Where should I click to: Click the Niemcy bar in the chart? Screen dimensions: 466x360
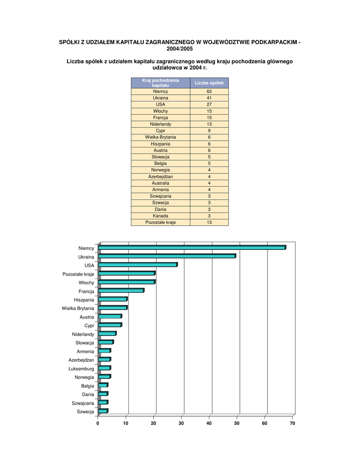(x=191, y=248)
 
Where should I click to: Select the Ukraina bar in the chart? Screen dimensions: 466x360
(x=167, y=256)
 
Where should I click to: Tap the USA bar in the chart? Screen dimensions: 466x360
(x=137, y=264)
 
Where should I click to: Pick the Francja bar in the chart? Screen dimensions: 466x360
(x=121, y=290)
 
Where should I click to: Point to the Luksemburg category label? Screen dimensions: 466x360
(x=81, y=369)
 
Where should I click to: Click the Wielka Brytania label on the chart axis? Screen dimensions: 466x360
(x=78, y=309)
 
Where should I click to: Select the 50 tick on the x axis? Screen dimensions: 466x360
(x=237, y=423)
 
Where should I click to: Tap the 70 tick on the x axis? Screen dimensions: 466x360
(x=292, y=423)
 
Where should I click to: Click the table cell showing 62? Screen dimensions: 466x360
(x=209, y=91)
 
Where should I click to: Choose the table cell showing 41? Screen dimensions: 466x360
(x=209, y=98)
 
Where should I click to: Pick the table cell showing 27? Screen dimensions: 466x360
(x=209, y=104)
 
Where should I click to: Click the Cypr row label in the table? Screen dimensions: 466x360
(x=160, y=131)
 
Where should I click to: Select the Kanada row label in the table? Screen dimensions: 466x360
(x=160, y=216)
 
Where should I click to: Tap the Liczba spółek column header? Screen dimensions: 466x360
(x=209, y=83)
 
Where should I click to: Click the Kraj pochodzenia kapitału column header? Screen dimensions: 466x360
(x=160, y=83)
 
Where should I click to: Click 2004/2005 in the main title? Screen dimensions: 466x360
(x=180, y=48)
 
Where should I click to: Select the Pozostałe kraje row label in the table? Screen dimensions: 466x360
(x=160, y=223)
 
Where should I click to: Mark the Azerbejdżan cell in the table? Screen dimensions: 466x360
(x=160, y=177)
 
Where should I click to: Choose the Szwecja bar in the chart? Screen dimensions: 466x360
(x=103, y=411)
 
